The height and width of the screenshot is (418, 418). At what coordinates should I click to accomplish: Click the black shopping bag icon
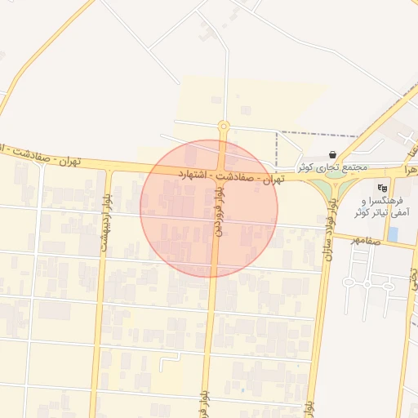[333, 154]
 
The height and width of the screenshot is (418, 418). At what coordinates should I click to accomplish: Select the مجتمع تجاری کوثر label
[332, 167]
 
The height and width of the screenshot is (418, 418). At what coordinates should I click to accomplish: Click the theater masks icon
[382, 188]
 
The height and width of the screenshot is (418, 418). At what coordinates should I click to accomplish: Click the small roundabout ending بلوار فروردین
[224, 126]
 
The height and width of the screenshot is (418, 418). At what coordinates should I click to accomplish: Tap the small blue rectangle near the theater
[393, 233]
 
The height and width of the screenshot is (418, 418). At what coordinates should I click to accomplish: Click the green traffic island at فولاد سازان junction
[333, 189]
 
